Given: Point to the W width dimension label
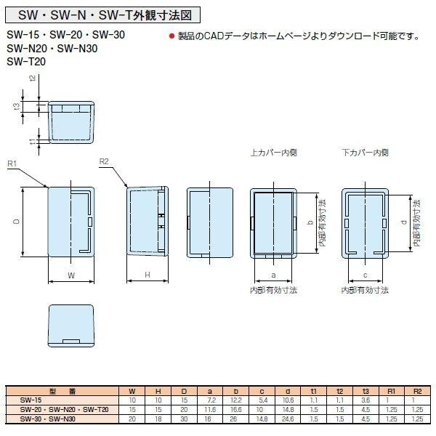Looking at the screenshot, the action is tap(70, 275).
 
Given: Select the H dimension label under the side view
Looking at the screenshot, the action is tap(148, 275).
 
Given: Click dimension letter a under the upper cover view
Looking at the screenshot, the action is tap(273, 275).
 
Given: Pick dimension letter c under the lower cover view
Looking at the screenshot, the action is tap(366, 275).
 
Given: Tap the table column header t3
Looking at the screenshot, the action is tap(367, 392).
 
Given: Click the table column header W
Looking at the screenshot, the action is tap(132, 392).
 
